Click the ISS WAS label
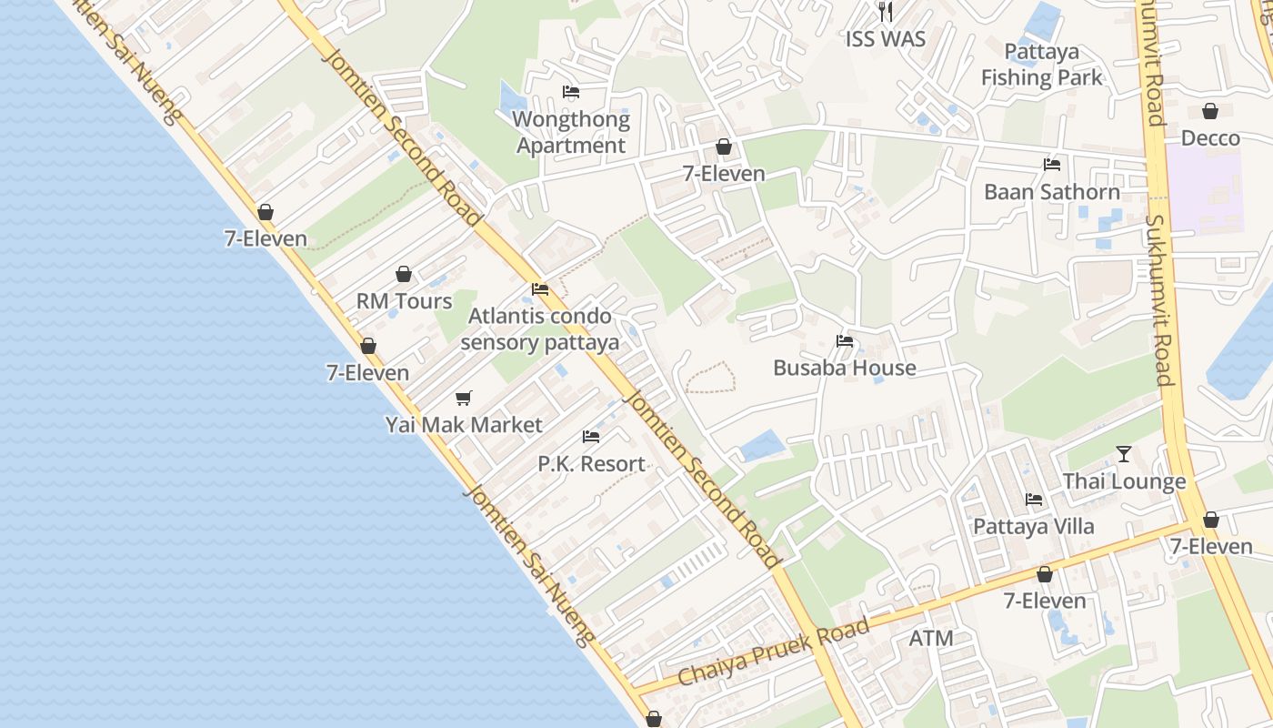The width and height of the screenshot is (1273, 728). pyautogui.click(x=885, y=39)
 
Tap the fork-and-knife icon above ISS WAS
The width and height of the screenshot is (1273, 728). pyautogui.click(x=886, y=12)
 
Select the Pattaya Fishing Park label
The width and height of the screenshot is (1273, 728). pyautogui.click(x=1042, y=65)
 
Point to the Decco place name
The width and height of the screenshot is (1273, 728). pyautogui.click(x=1210, y=138)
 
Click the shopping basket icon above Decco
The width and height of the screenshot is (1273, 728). pyautogui.click(x=1210, y=111)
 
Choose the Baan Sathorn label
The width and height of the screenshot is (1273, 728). pyautogui.click(x=1052, y=192)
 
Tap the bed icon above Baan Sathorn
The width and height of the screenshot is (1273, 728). pyautogui.click(x=1052, y=165)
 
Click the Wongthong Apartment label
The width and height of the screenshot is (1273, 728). pyautogui.click(x=571, y=133)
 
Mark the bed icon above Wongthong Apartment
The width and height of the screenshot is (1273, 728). pyautogui.click(x=571, y=92)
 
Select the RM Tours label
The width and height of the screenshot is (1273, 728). pyautogui.click(x=404, y=301)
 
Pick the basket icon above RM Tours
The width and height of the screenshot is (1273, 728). pyautogui.click(x=404, y=274)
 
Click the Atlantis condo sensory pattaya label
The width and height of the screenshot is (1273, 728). pyautogui.click(x=540, y=329)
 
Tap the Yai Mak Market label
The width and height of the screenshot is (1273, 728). pyautogui.click(x=464, y=425)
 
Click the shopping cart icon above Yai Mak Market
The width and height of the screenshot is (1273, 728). pyautogui.click(x=464, y=398)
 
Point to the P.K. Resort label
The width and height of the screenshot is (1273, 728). pyautogui.click(x=591, y=464)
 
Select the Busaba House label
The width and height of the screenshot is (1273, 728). pyautogui.click(x=845, y=369)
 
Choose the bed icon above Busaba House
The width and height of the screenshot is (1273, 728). pyautogui.click(x=845, y=342)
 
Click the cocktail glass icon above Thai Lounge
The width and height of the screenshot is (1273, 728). pyautogui.click(x=1124, y=453)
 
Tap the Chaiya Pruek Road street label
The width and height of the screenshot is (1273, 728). pyautogui.click(x=774, y=652)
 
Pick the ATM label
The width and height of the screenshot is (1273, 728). pyautogui.click(x=931, y=639)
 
